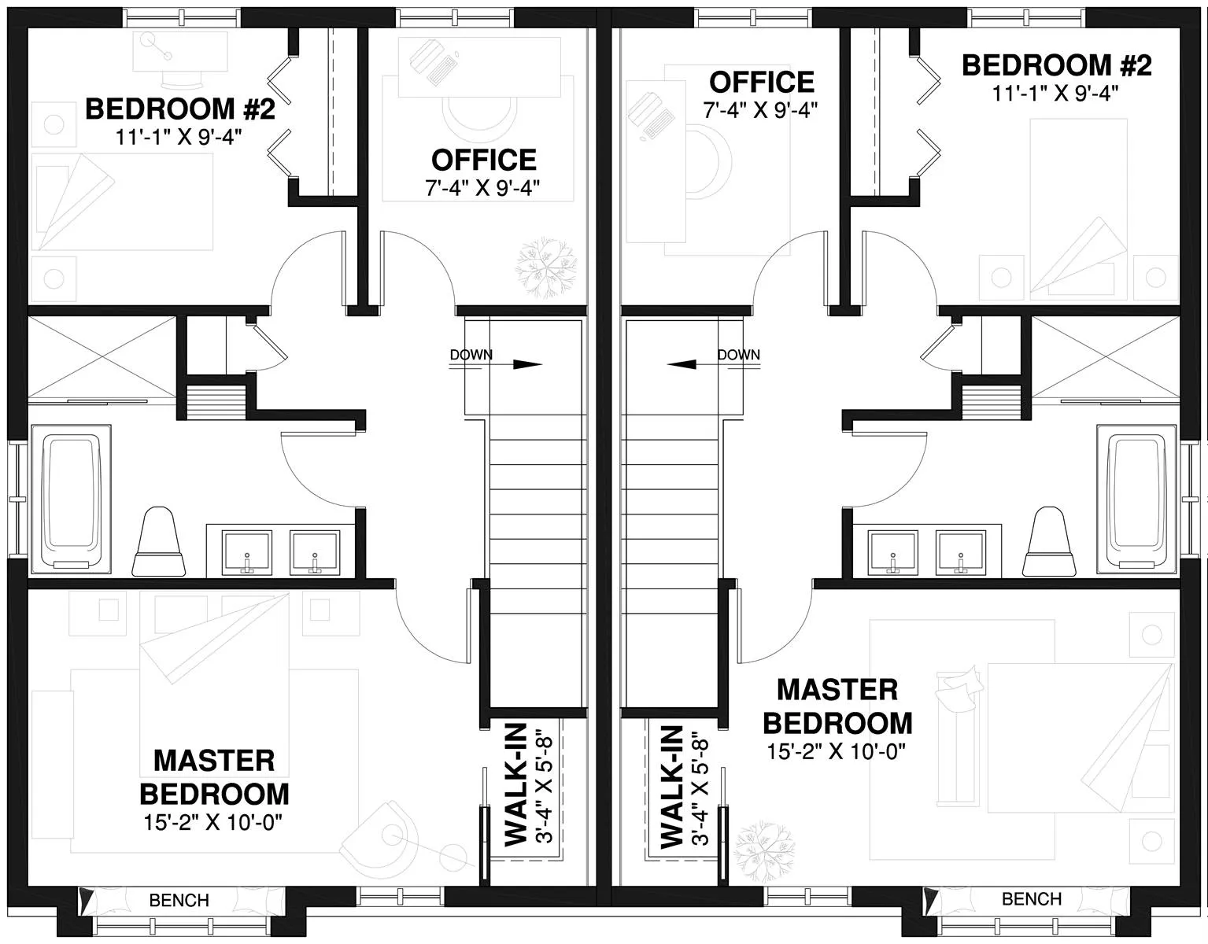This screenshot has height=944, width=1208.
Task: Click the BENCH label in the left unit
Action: click(x=179, y=899)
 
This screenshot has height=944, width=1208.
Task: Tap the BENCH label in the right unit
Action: click(x=1031, y=898)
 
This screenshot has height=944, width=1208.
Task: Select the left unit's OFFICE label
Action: click(x=484, y=160)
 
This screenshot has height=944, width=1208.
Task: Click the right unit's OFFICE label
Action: click(x=762, y=83)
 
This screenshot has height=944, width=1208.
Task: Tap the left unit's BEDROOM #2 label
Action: click(x=180, y=109)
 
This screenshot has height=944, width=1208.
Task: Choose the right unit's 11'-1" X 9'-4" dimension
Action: click(x=1055, y=94)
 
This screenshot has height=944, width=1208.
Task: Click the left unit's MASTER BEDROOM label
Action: click(x=215, y=777)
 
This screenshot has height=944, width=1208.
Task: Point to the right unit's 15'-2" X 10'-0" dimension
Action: click(x=836, y=751)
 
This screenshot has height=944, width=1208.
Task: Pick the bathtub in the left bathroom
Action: click(x=71, y=499)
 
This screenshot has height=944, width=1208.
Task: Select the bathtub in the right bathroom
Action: click(x=1137, y=499)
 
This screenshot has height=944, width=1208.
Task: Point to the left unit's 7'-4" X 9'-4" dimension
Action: click(x=482, y=188)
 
